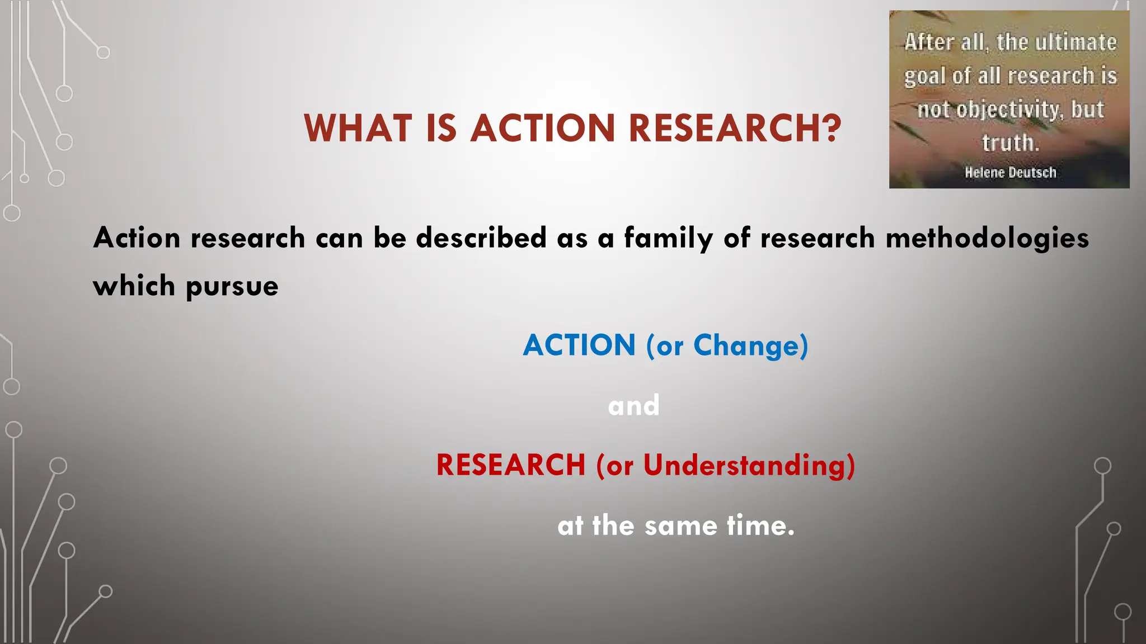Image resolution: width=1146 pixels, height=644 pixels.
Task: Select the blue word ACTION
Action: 579,345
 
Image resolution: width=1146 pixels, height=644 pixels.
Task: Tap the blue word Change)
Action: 751,346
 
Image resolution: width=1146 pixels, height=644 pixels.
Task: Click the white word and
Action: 633,405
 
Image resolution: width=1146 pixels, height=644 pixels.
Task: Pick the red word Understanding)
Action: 749,466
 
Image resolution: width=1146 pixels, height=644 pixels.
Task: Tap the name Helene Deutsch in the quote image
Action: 1010,173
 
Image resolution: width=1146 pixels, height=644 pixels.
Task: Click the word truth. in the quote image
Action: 1010,143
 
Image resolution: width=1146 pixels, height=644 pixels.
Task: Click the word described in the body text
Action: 481,238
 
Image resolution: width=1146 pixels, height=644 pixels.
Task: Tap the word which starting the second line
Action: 134,286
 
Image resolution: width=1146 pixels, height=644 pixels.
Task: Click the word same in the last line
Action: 680,526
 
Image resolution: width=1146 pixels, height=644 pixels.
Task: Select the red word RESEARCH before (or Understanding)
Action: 510,465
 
